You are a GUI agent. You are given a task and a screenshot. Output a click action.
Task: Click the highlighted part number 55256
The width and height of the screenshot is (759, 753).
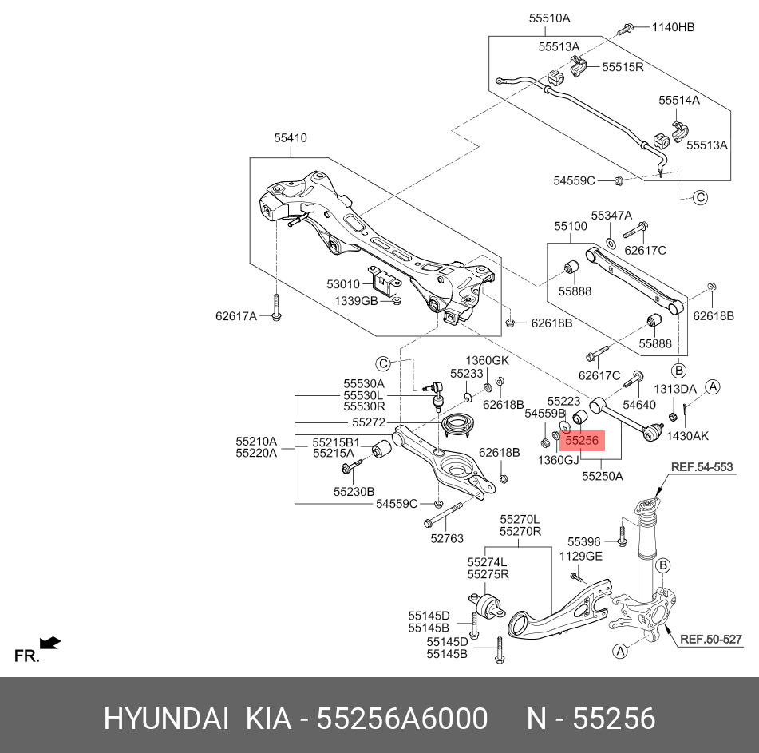(582, 440)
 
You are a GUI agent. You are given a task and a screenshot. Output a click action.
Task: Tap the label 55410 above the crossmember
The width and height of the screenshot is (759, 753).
(291, 138)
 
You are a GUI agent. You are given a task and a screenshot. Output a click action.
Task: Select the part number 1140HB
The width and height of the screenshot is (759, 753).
(673, 27)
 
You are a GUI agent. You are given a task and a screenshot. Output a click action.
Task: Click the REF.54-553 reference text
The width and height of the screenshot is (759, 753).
(701, 467)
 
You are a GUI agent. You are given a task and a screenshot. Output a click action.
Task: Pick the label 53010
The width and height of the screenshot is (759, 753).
(343, 284)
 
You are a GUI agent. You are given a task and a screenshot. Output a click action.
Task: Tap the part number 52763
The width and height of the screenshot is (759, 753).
(446, 539)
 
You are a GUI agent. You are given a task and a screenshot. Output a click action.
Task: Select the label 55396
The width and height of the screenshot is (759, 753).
(583, 541)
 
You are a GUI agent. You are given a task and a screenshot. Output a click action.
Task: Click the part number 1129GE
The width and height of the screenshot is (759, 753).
(580, 556)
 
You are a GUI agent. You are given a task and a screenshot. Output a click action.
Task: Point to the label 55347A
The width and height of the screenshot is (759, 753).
(611, 216)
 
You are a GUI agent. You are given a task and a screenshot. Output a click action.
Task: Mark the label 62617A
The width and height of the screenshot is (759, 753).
(236, 316)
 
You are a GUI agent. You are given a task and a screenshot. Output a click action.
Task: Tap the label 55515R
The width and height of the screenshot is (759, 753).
(623, 68)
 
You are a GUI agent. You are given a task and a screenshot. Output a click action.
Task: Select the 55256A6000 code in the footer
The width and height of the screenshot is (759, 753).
(402, 719)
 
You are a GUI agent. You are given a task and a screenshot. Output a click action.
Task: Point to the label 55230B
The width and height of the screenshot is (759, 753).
(354, 492)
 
